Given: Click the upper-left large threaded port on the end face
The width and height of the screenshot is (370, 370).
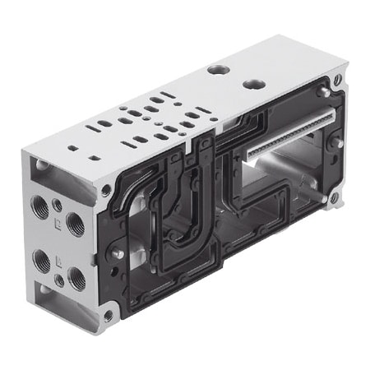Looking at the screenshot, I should click(39, 204).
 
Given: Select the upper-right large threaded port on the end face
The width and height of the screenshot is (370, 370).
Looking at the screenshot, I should click(75, 224).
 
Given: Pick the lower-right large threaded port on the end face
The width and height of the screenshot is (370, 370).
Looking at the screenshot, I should click(76, 282).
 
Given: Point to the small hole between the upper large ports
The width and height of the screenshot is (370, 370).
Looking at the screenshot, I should click(56, 205).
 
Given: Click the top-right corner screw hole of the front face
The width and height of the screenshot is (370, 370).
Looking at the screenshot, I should click(337, 81).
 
